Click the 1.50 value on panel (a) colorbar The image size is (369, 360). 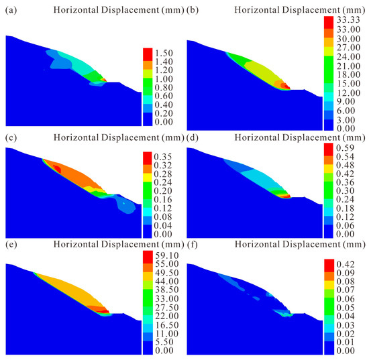[x=165, y=52]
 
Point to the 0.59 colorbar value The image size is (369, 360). [x=347, y=148]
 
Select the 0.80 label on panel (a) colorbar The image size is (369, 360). [x=165, y=87]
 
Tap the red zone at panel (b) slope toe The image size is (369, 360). [x=285, y=86]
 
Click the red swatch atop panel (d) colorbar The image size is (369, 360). [x=328, y=148]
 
